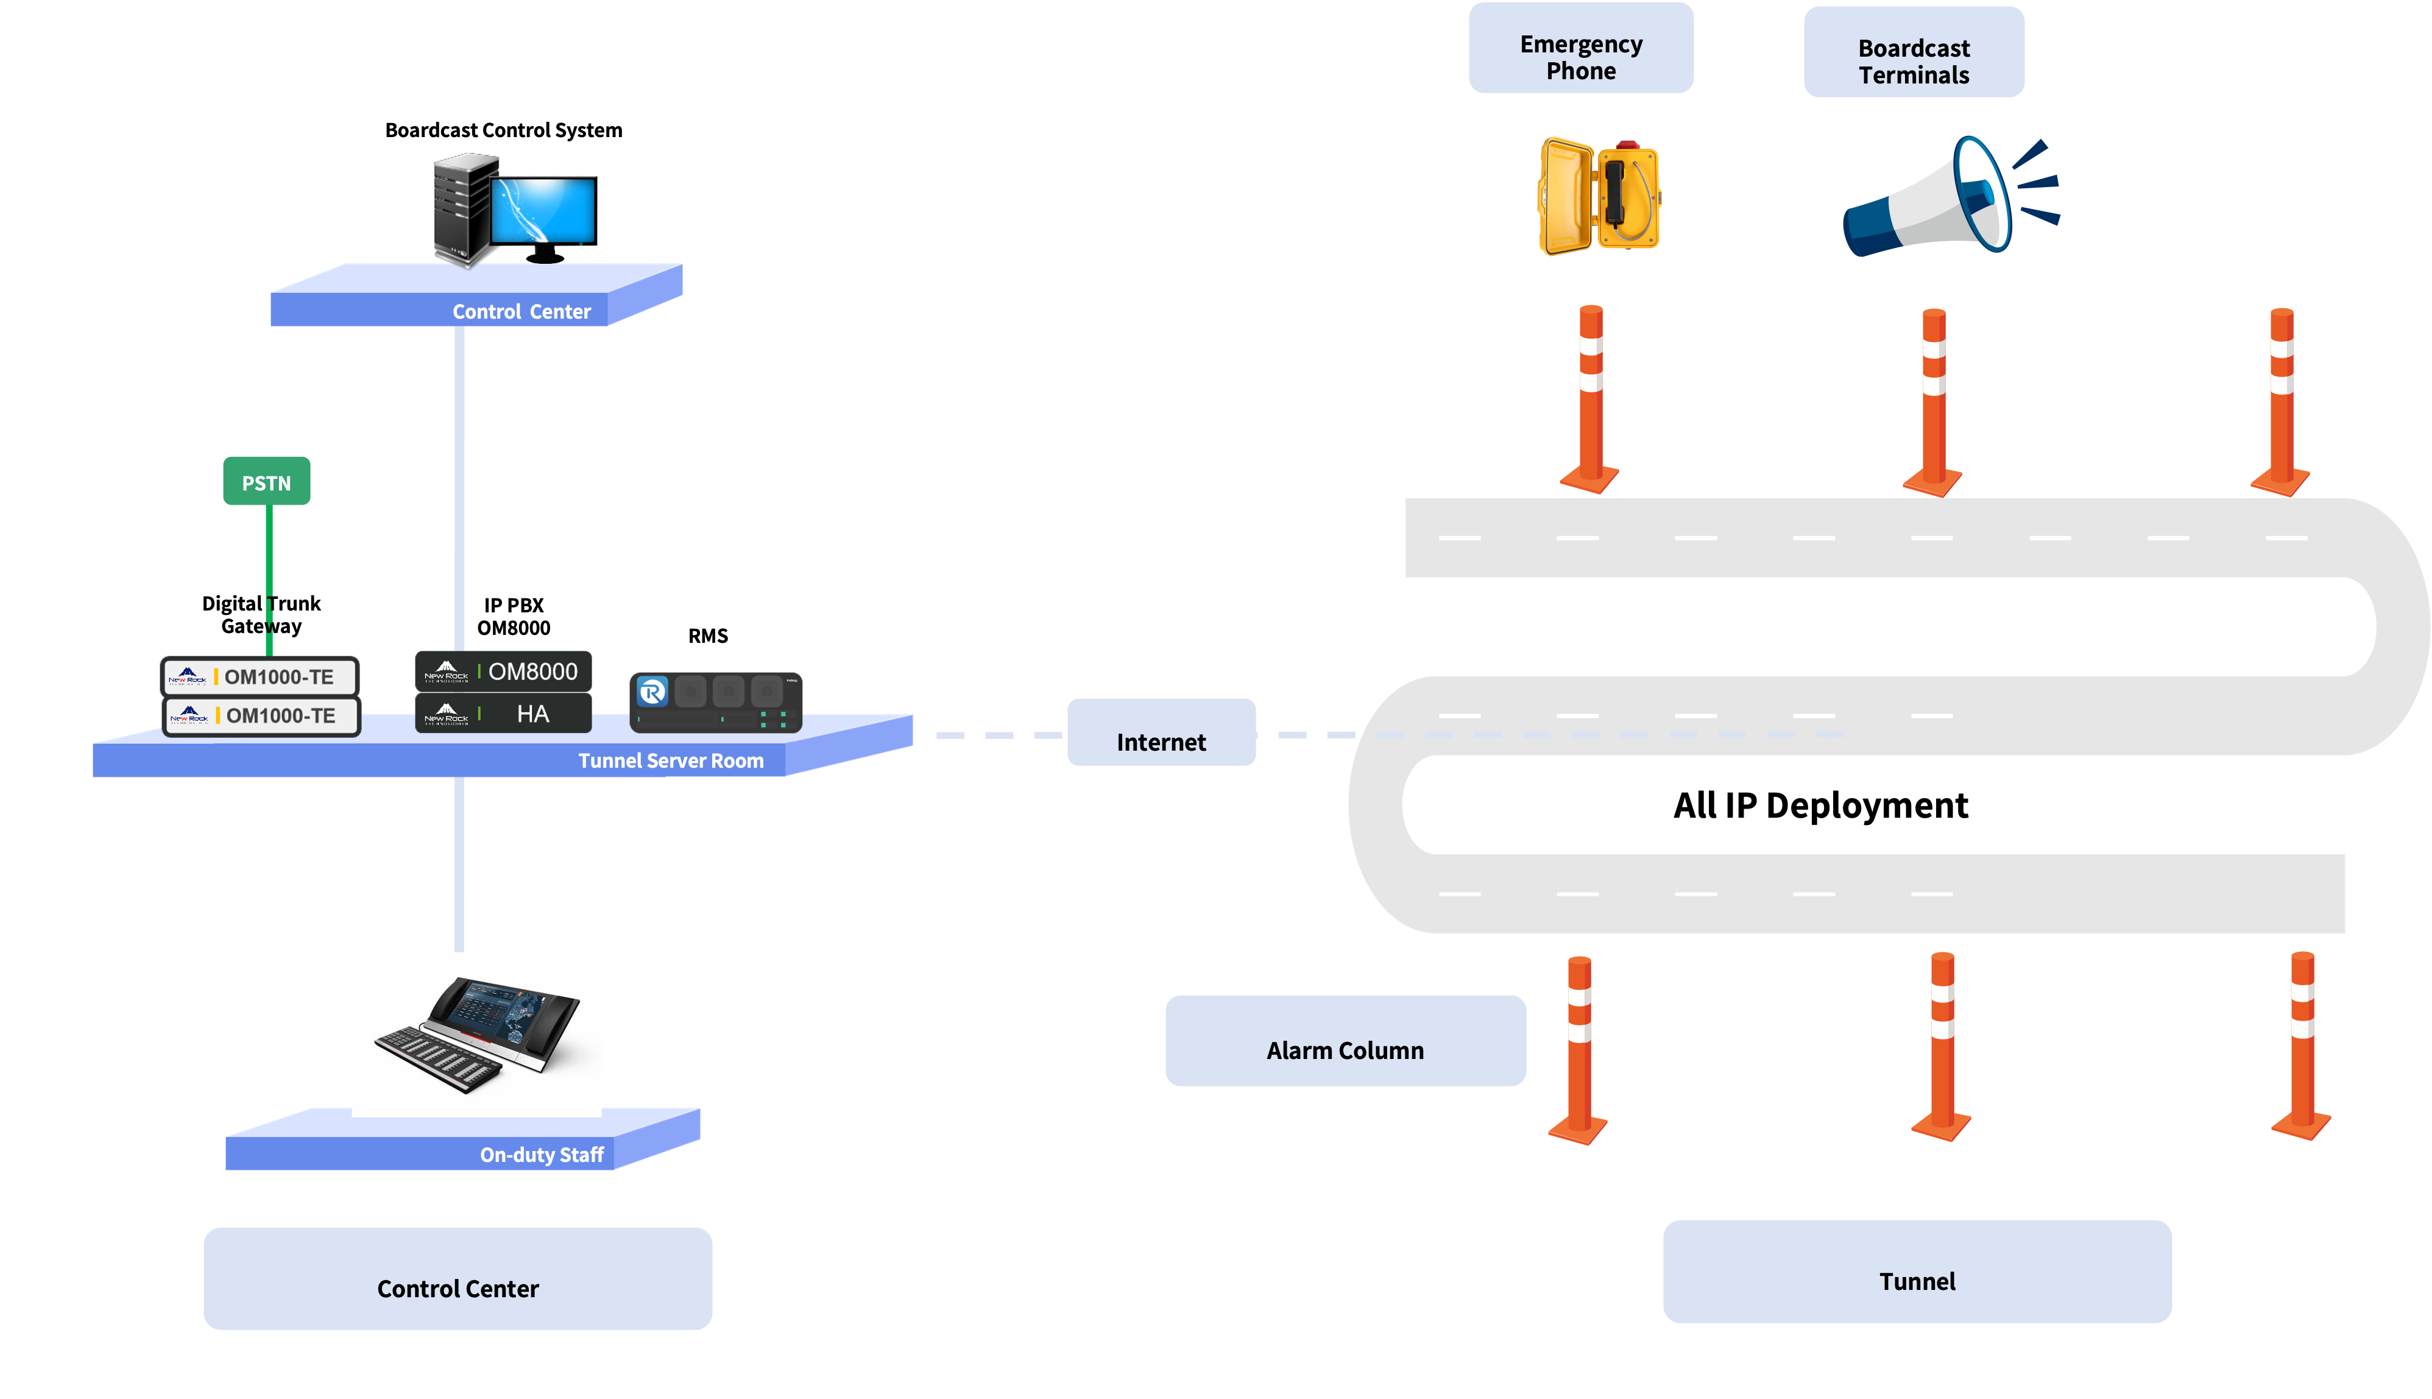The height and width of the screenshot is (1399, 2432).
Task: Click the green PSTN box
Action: [266, 481]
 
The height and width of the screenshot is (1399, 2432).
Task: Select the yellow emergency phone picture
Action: [1594, 199]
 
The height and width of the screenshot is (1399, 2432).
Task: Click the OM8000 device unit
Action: [503, 671]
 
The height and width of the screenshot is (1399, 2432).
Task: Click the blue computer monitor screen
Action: [543, 210]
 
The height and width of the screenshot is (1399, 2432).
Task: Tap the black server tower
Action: [461, 210]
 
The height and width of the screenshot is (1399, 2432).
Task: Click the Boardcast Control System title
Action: [503, 130]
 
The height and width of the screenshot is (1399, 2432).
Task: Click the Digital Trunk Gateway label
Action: [261, 615]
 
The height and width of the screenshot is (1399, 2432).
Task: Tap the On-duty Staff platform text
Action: [541, 1155]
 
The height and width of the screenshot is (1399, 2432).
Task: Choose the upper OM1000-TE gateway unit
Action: [260, 676]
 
